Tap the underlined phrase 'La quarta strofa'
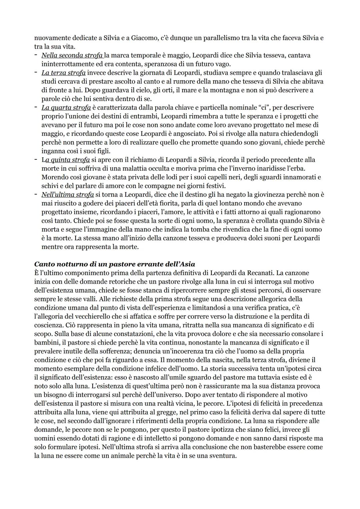[66, 107]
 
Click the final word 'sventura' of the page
[223, 455]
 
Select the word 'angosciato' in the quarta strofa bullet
[190, 134]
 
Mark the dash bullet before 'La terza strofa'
[36, 73]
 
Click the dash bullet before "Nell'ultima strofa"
[36, 194]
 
